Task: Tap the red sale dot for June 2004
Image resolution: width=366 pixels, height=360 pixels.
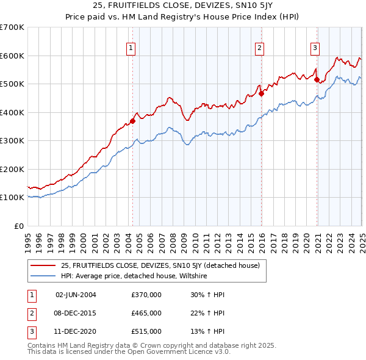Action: (132, 121)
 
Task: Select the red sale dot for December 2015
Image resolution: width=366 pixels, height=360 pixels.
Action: (261, 94)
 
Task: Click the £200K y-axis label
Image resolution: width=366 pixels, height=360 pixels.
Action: (12, 169)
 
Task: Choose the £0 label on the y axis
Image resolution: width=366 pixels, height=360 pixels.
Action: (18, 226)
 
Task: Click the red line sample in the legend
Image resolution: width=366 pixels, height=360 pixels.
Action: (42, 265)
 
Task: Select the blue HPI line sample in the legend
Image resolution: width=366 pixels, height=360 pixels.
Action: (42, 276)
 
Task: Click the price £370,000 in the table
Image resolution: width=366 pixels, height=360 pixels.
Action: (146, 295)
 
